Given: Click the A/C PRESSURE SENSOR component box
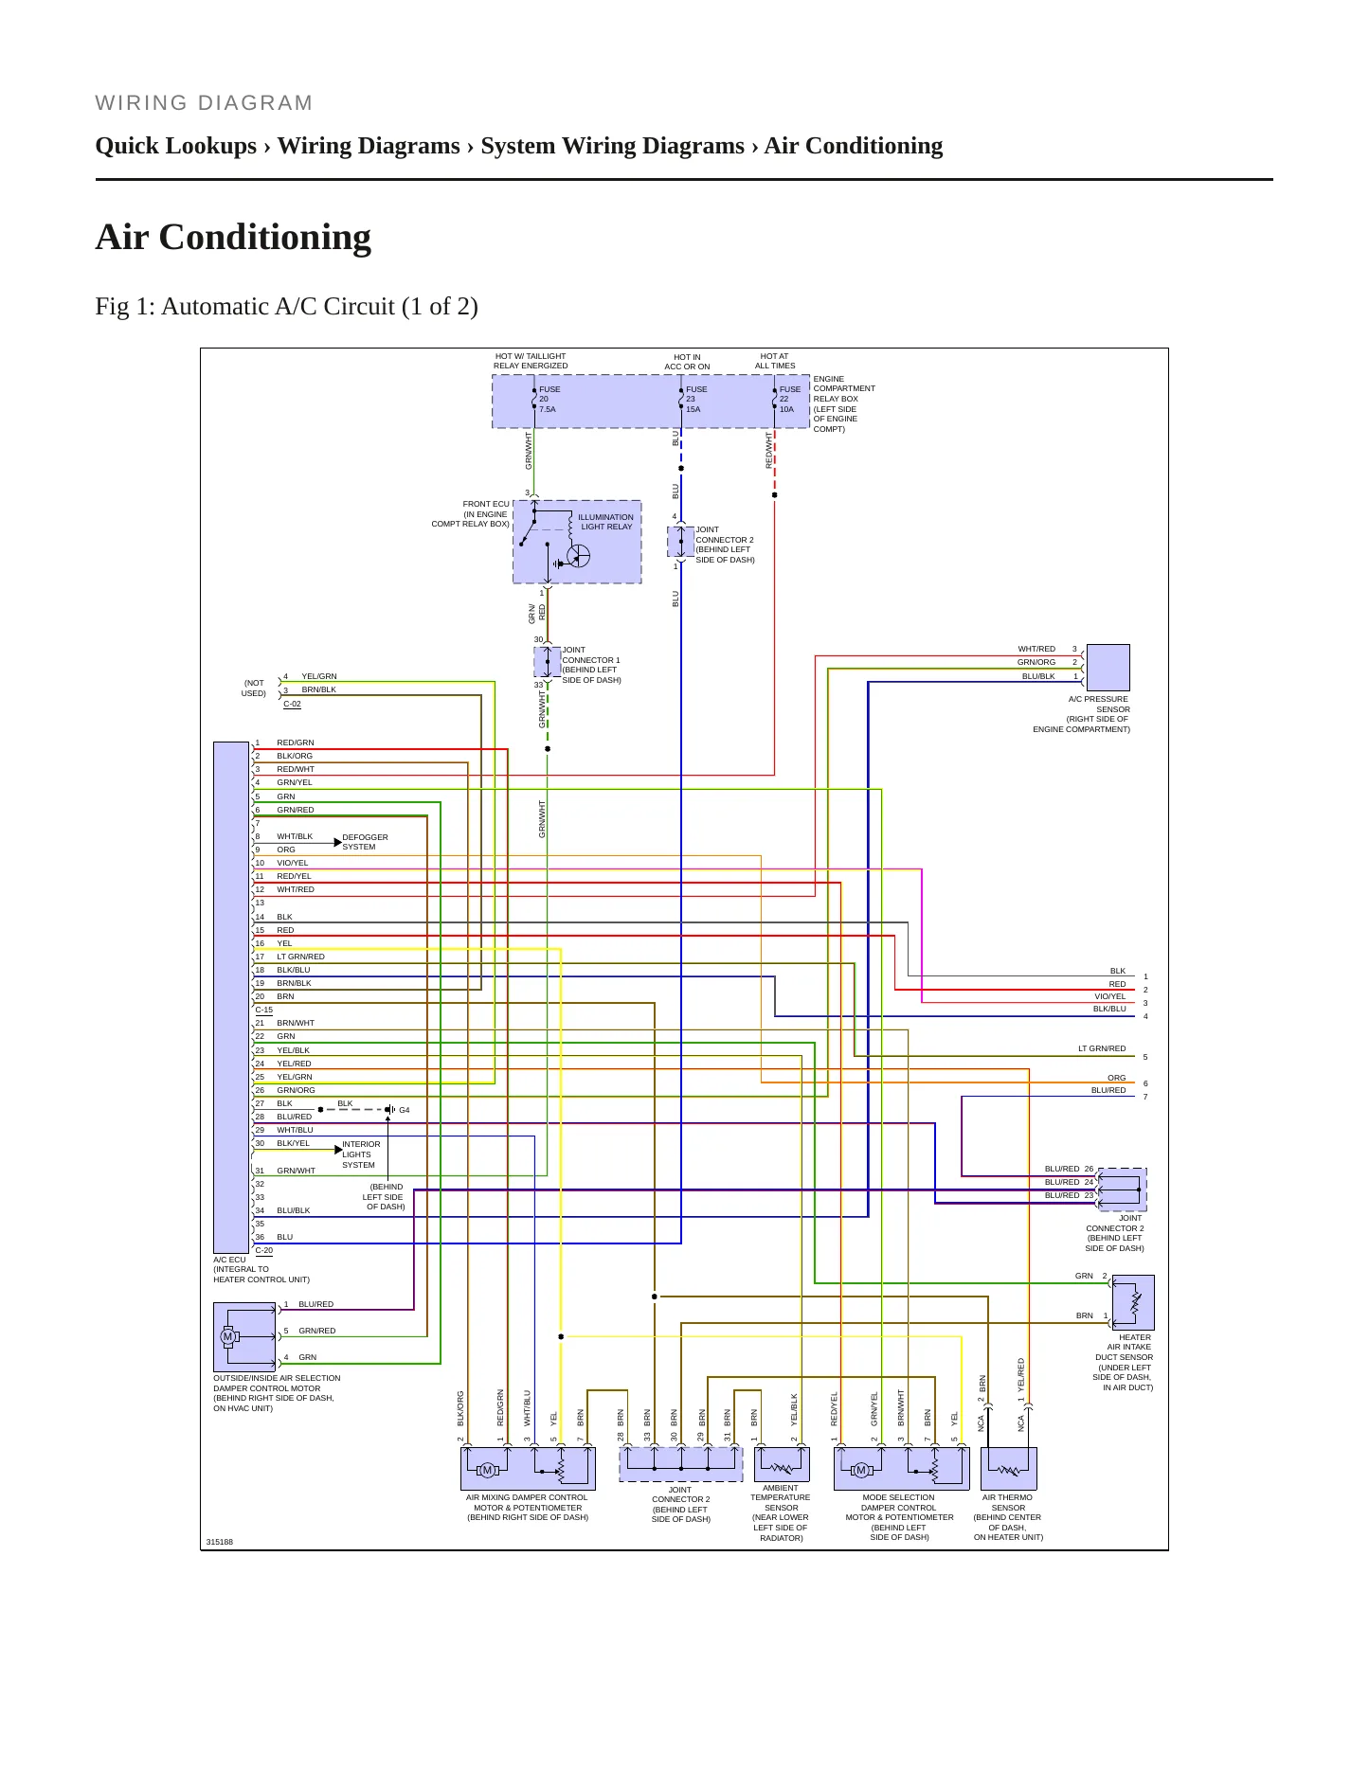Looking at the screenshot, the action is point(1108,668).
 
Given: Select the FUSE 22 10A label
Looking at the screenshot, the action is point(789,400).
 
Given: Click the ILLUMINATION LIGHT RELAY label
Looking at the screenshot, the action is point(605,522).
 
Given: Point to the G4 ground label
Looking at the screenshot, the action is point(405,1110).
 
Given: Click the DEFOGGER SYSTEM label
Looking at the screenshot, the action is point(365,842).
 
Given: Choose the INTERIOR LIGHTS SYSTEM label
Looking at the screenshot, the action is point(361,1154).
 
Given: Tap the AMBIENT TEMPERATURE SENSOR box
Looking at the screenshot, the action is point(782,1464).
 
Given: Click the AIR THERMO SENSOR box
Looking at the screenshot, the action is point(1009,1469).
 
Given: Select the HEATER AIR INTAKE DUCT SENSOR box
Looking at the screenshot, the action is point(1133,1302).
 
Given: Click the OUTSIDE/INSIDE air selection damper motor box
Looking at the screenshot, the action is point(244,1337).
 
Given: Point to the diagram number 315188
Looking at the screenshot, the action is point(219,1542).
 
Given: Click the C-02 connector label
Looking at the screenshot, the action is point(292,704).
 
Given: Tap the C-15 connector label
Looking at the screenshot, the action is point(263,1011).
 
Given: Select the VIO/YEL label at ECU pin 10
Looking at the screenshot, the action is point(292,863).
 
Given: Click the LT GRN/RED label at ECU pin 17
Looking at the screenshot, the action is point(300,957).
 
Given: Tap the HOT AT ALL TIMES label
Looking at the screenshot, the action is point(775,361).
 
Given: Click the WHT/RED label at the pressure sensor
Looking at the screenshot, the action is point(1036,649).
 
